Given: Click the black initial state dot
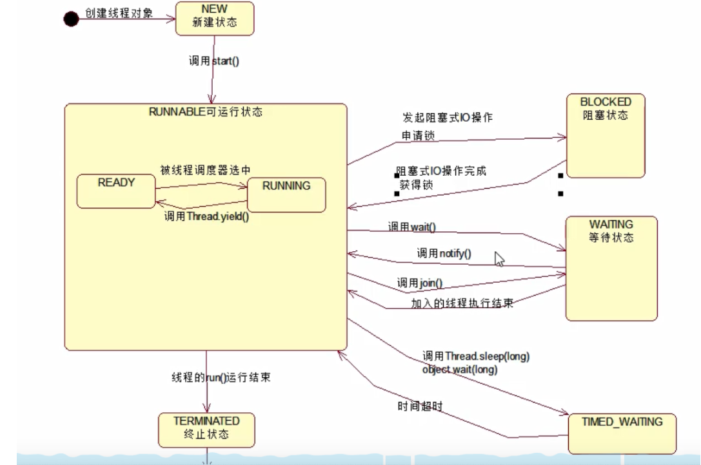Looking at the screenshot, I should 71,19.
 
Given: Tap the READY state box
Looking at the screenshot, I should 116,191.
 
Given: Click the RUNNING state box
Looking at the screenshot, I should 286,194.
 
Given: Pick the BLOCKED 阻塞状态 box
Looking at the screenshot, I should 605,135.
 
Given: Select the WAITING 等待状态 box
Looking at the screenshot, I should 611,268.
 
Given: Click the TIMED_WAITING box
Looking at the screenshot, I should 622,433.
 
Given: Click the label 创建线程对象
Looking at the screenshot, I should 119,13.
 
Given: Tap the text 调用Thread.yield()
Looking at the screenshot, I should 206,217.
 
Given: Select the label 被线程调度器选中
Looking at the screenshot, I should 205,170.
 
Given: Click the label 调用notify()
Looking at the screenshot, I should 444,253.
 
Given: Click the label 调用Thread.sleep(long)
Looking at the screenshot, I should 476,356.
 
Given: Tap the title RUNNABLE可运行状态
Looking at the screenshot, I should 206,111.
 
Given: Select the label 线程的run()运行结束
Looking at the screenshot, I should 221,377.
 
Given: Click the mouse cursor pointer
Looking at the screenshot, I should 499,258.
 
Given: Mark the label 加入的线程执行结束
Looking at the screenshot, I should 462,303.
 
